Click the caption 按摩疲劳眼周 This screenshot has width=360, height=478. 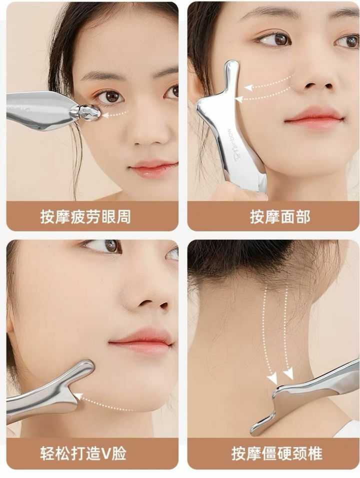click(x=85, y=217)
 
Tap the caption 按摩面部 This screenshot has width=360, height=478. click(x=280, y=217)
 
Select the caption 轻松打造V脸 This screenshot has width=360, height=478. click(x=83, y=453)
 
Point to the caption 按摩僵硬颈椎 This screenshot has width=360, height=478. click(x=276, y=453)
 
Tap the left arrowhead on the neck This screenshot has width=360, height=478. click(x=273, y=379)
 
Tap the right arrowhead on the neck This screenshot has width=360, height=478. click(x=288, y=373)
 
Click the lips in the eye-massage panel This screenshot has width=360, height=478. click(x=153, y=169)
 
